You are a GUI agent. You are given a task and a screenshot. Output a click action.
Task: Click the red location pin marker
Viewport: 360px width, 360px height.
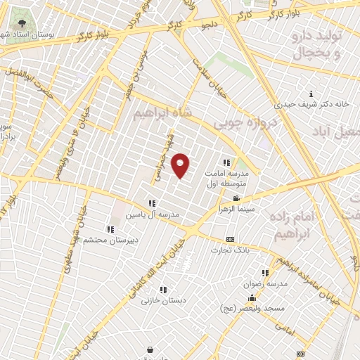(181, 165)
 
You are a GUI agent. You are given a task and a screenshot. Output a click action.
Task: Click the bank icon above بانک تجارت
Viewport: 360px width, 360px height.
(230, 240)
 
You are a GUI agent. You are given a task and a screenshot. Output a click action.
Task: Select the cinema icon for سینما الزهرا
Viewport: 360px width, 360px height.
(236, 199)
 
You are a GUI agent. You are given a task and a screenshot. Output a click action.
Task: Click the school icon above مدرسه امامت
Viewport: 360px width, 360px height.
(226, 162)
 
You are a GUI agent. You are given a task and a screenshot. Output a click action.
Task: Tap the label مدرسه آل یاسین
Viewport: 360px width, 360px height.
(152, 213)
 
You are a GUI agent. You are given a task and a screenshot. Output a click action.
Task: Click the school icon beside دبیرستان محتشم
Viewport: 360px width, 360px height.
(110, 229)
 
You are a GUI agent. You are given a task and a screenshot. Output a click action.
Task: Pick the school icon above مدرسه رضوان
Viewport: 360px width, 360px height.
(265, 273)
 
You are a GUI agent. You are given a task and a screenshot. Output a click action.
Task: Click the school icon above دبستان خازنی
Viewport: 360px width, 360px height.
(163, 290)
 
